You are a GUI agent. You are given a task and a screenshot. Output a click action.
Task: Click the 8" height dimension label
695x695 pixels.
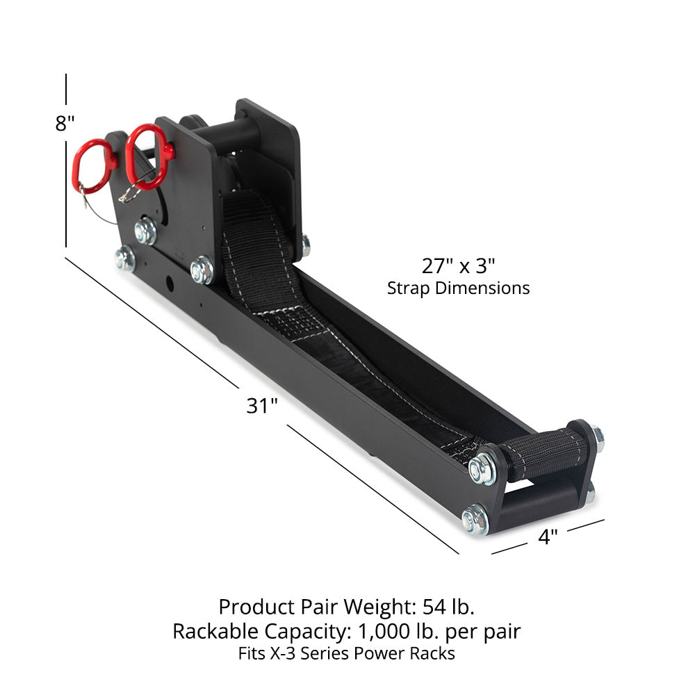point(65,124)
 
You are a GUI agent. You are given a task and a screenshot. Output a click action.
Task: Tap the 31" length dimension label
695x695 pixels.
point(262,406)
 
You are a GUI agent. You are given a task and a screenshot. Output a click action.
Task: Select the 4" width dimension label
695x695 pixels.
point(548,537)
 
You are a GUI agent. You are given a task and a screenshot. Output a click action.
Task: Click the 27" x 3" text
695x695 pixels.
point(458,265)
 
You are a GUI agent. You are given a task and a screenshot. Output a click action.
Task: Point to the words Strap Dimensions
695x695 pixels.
point(458,288)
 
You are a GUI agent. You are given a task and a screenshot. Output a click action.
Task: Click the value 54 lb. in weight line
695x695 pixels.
point(448,607)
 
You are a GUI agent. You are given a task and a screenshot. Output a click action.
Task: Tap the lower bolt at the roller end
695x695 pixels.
point(475,518)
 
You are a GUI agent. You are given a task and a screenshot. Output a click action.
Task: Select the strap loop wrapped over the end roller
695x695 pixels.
point(542,456)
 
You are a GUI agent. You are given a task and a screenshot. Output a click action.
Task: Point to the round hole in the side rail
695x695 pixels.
point(168,285)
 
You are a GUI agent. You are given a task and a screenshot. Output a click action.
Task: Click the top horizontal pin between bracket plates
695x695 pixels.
point(222,132)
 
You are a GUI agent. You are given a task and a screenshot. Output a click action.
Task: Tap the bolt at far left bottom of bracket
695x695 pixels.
point(125,259)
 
